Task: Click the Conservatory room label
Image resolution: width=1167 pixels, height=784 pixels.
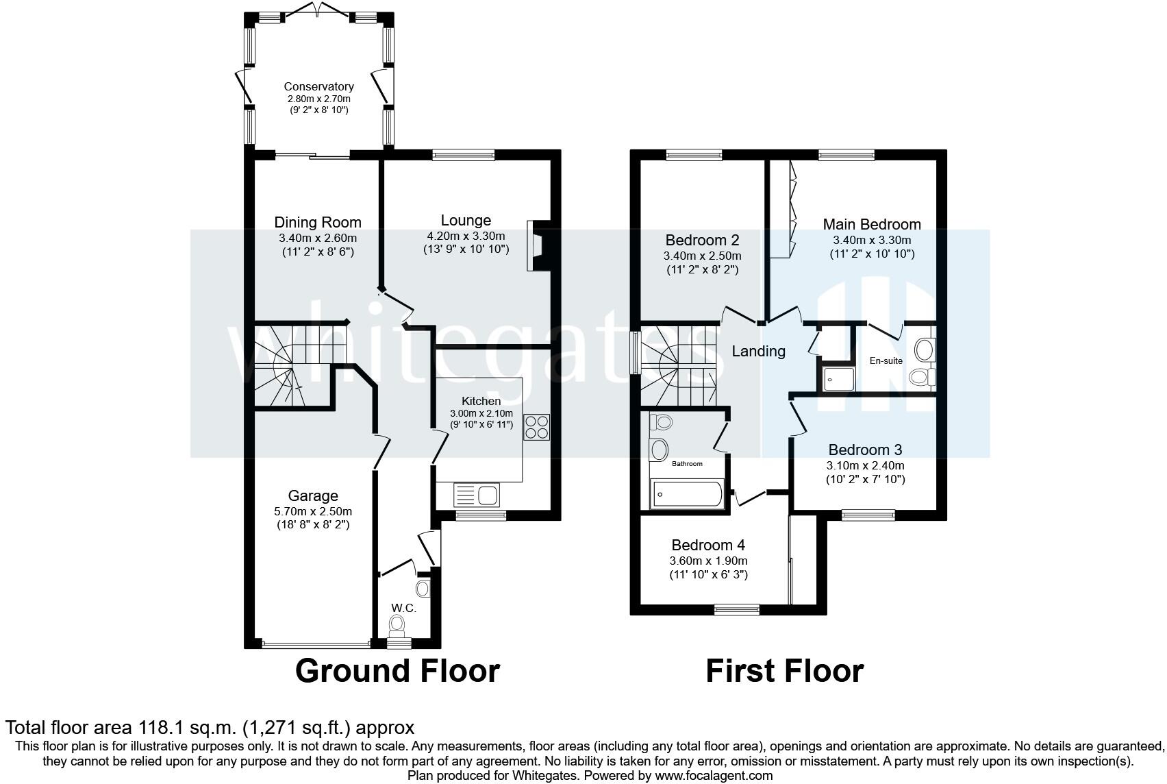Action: [x=318, y=86]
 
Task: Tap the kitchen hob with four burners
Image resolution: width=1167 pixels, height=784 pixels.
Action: [x=536, y=427]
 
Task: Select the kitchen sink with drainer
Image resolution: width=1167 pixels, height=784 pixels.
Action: [x=477, y=495]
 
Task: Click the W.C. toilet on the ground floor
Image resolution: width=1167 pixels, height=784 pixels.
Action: [x=397, y=625]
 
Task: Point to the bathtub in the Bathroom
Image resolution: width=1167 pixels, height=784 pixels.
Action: [x=688, y=493]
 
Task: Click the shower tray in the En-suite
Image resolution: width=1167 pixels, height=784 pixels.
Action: [x=839, y=379]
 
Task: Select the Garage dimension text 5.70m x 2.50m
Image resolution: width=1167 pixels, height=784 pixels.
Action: [x=313, y=511]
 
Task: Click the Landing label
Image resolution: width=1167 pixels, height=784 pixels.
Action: [x=758, y=352]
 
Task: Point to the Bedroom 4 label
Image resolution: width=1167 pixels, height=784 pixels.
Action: [x=708, y=546]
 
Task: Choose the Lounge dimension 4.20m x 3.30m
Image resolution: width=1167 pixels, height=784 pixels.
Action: [x=466, y=236]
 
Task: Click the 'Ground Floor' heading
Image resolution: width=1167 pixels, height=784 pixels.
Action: [x=397, y=671]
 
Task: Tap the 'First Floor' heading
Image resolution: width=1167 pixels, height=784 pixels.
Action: [x=785, y=671]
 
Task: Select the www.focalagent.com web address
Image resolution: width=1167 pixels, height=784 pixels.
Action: [x=714, y=776]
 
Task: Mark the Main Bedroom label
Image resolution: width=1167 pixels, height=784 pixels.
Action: [x=872, y=225]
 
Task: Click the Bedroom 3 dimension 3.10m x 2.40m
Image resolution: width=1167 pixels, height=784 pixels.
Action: [x=866, y=465]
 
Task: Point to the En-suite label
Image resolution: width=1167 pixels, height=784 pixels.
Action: [x=886, y=360]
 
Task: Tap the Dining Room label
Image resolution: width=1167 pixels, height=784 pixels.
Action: [x=318, y=223]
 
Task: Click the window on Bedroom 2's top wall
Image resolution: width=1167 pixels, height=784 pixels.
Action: [x=694, y=154]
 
